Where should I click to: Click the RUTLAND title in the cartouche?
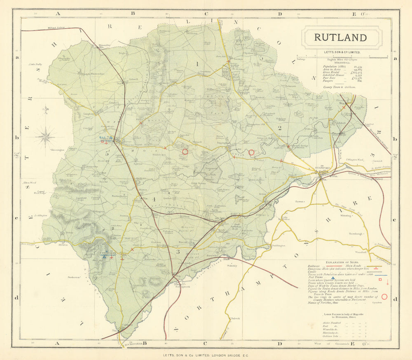340,37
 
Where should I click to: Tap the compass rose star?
45,136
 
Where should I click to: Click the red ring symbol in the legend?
385,296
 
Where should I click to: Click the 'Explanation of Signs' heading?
342,262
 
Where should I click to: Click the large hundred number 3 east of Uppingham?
178,251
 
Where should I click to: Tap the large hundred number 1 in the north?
197,63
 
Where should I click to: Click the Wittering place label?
346,215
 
